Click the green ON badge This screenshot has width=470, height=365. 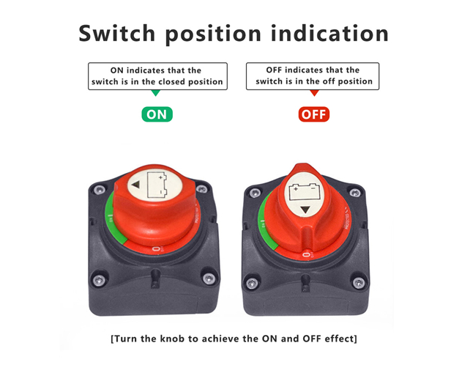pos(157,114)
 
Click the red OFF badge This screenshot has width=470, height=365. pos(314,114)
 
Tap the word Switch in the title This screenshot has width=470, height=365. pos(117,33)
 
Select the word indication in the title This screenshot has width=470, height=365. pos(329,33)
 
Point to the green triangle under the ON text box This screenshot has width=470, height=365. pos(155,93)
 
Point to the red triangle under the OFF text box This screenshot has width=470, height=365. pos(314,93)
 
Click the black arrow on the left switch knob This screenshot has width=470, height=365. pos(135,185)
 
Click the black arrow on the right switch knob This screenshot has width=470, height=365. pos(305,210)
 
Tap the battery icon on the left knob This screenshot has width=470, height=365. pos(157,185)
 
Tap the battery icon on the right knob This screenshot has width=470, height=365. pos(305,192)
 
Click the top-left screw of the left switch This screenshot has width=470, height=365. pos(99,190)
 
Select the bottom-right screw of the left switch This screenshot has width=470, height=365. pos(209,279)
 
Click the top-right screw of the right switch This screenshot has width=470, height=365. pos(355,193)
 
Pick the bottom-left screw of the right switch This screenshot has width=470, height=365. pos(252,283)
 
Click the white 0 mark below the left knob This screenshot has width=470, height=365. pos(156,249)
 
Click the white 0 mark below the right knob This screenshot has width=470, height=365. pos(306,255)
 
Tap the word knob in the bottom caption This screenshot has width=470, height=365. pos(172,339)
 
